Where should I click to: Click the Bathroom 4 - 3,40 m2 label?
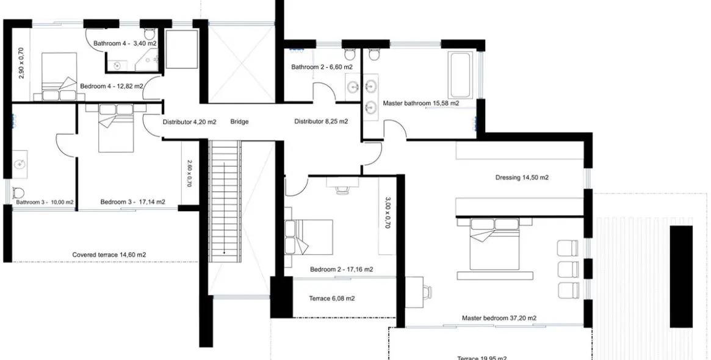click(x=125, y=43)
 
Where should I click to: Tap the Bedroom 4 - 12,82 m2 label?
click(x=111, y=87)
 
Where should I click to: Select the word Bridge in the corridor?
click(x=239, y=121)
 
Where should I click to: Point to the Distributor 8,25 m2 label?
click(x=321, y=121)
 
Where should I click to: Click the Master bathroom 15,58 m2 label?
click(x=420, y=104)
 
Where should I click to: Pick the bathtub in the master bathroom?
click(x=460, y=76)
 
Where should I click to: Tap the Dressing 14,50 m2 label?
click(x=521, y=178)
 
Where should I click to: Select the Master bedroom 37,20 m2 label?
click(x=499, y=318)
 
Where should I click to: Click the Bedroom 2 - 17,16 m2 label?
click(x=341, y=269)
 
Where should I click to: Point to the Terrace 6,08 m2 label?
click(x=333, y=299)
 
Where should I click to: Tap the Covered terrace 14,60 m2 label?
click(x=109, y=255)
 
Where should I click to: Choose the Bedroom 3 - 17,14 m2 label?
click(x=132, y=202)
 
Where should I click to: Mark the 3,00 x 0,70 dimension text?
click(x=388, y=212)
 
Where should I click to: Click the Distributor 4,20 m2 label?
click(x=189, y=121)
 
